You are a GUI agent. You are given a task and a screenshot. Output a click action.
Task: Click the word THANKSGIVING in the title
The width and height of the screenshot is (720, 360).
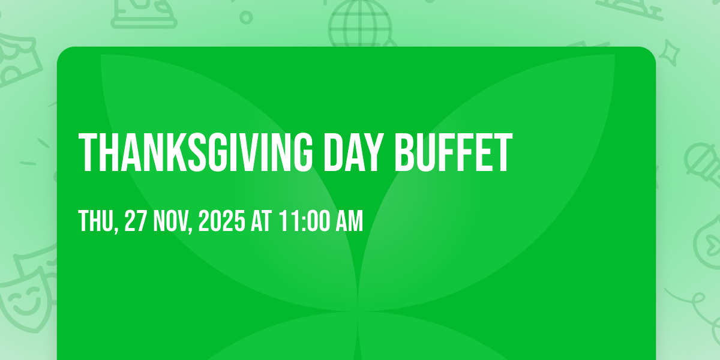click(196, 152)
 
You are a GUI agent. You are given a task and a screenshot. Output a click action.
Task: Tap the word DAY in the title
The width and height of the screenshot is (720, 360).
click(353, 152)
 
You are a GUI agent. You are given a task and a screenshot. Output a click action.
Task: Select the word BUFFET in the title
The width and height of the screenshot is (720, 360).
click(453, 152)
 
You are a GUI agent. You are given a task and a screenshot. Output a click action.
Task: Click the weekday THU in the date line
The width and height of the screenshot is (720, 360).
click(97, 221)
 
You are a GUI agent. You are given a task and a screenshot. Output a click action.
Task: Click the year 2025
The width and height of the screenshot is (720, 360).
click(222, 221)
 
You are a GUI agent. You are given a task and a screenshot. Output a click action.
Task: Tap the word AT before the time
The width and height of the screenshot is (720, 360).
click(262, 221)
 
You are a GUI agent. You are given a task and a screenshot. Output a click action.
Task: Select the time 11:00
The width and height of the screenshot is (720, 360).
click(304, 221)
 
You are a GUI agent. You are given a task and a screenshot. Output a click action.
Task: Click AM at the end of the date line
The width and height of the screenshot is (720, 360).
click(349, 221)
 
